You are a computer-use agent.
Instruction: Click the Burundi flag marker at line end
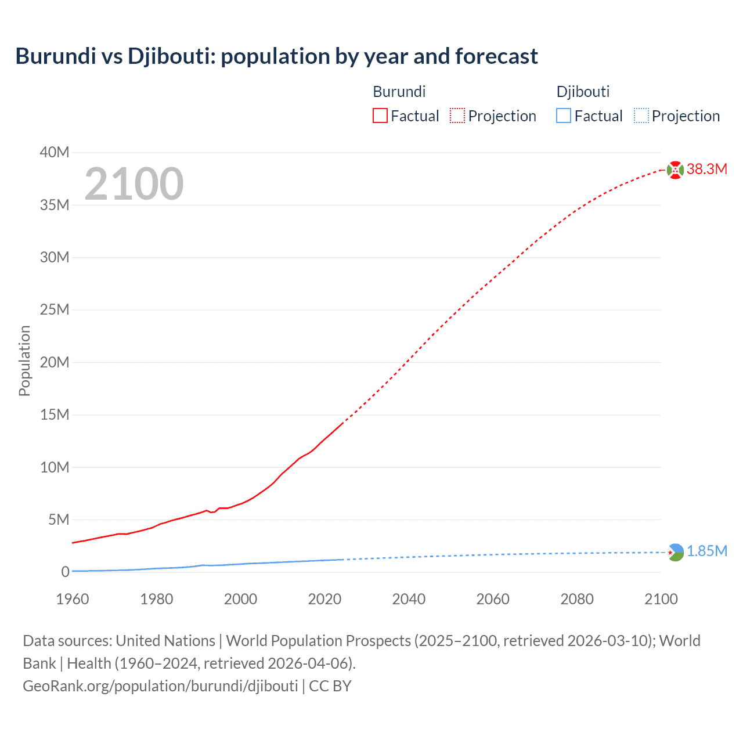tap(675, 169)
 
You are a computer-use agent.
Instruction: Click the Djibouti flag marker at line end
tap(676, 552)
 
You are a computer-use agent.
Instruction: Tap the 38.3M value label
tap(706, 169)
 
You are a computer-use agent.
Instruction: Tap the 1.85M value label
tap(706, 551)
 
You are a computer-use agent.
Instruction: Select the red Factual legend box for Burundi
tap(380, 116)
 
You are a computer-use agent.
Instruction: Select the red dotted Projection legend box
tap(457, 116)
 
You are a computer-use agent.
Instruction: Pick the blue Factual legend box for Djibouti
tap(563, 116)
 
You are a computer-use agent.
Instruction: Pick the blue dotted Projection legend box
tap(641, 116)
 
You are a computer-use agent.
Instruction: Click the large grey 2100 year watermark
tap(134, 184)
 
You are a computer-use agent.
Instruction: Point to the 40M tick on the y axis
tap(55, 153)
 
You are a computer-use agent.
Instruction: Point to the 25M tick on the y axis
tap(55, 310)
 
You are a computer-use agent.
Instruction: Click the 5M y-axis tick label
tap(57, 520)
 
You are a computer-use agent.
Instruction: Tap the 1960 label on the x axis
tap(73, 599)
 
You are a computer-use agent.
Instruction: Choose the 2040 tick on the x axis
tap(409, 599)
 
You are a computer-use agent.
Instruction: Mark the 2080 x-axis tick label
tap(577, 599)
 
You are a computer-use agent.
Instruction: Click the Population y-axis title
tap(24, 360)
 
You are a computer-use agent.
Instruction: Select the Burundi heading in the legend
tap(399, 92)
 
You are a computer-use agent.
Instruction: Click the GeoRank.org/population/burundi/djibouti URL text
tap(160, 686)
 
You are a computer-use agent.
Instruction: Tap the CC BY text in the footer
tap(330, 686)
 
